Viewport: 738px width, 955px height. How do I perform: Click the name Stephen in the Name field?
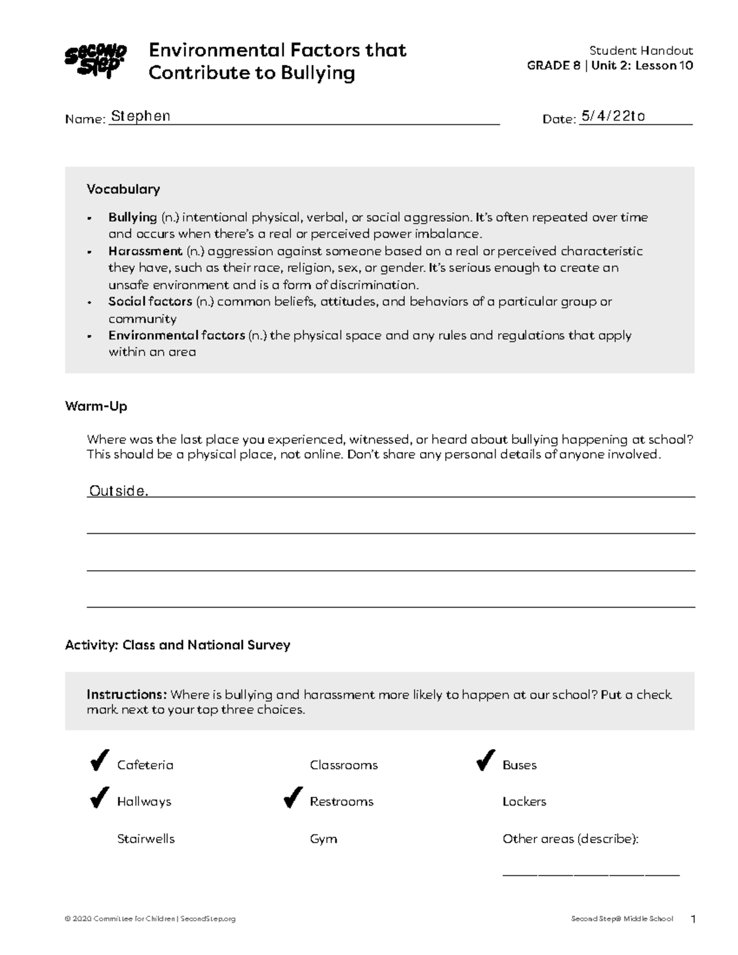coord(141,116)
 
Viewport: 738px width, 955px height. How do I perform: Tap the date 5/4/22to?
coord(613,116)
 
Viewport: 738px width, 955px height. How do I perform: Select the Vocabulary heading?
coord(123,189)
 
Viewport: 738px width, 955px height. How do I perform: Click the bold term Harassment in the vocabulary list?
coord(145,251)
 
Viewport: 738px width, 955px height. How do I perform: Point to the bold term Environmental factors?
coord(177,335)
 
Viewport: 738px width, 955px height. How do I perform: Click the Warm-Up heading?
coord(96,406)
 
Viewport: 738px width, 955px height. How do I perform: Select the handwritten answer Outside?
coord(119,491)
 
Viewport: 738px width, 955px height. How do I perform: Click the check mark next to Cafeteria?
coord(99,761)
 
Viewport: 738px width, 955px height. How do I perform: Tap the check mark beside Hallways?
coord(99,798)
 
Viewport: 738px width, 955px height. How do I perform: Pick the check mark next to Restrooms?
coord(293,798)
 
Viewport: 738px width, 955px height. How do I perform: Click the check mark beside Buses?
coord(485,761)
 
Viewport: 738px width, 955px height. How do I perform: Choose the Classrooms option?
coord(344,765)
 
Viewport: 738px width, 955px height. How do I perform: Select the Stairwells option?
coord(146,839)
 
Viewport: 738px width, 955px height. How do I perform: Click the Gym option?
coord(323,839)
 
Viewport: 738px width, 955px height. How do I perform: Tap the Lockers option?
coord(524,802)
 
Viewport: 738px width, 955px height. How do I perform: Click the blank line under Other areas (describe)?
coord(590,873)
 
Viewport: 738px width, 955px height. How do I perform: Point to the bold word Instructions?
coord(126,694)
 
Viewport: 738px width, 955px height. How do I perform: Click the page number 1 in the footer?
coord(693,919)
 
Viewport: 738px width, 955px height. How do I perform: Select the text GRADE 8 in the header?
coord(553,66)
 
